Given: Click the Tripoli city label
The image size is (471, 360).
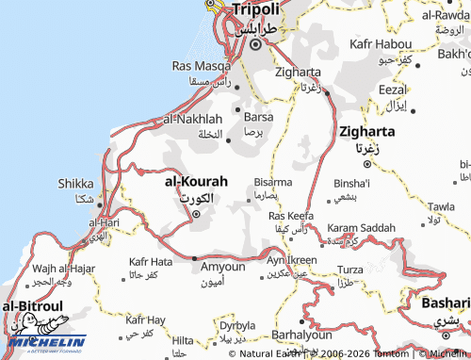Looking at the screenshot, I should pyautogui.click(x=255, y=9).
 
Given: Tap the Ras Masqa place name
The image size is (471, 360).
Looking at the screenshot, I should pyautogui.click(x=201, y=66).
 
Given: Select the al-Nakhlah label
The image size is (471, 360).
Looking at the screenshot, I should pyautogui.click(x=192, y=120).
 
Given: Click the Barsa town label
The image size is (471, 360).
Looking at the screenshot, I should pyautogui.click(x=258, y=118).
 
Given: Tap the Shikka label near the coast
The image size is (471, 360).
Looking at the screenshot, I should pyautogui.click(x=75, y=184).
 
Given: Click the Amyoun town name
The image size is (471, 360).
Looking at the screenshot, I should pyautogui.click(x=223, y=268).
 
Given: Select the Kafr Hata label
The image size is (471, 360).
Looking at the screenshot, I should pyautogui.click(x=151, y=261).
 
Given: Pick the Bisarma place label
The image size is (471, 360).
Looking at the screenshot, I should pyautogui.click(x=273, y=182).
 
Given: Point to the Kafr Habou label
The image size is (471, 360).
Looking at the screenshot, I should pyautogui.click(x=380, y=44).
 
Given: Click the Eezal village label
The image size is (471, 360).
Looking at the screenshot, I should pyautogui.click(x=392, y=90).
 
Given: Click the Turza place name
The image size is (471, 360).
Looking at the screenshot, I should pyautogui.click(x=350, y=270).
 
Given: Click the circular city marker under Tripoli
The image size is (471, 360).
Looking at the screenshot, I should pyautogui.click(x=254, y=44).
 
